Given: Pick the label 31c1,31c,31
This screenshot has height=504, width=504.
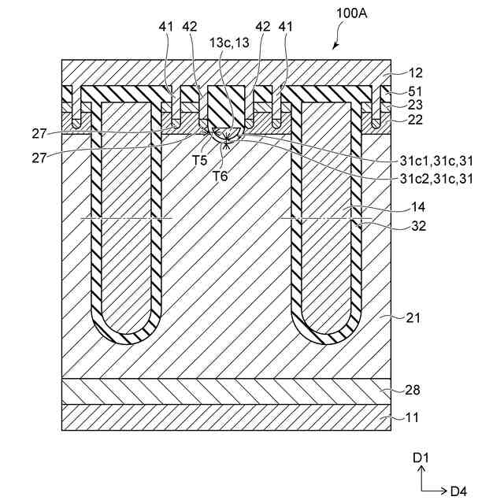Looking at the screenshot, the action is pyautogui.click(x=439, y=161).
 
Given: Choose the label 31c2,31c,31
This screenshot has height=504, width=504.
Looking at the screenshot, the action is pyautogui.click(x=439, y=178).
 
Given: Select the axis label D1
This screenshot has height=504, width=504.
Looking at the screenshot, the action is pyautogui.click(x=420, y=457).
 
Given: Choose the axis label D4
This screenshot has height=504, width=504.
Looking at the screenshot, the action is pyautogui.click(x=458, y=491).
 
